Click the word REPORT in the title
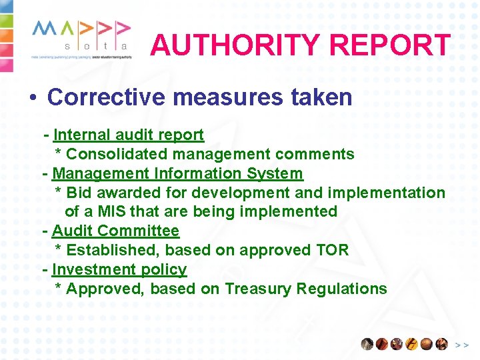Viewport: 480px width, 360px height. click(x=391, y=45)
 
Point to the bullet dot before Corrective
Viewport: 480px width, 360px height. click(x=32, y=98)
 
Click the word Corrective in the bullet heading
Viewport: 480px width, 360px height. click(x=106, y=97)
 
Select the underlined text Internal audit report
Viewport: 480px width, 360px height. click(x=128, y=135)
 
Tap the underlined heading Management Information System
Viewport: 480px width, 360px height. click(x=177, y=173)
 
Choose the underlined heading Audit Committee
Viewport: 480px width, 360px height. click(x=115, y=231)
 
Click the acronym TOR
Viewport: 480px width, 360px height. click(x=333, y=251)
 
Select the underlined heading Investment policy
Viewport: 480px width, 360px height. click(x=119, y=270)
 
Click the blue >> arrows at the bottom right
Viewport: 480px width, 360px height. click(x=461, y=345)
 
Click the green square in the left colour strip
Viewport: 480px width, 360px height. click(x=5, y=21)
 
